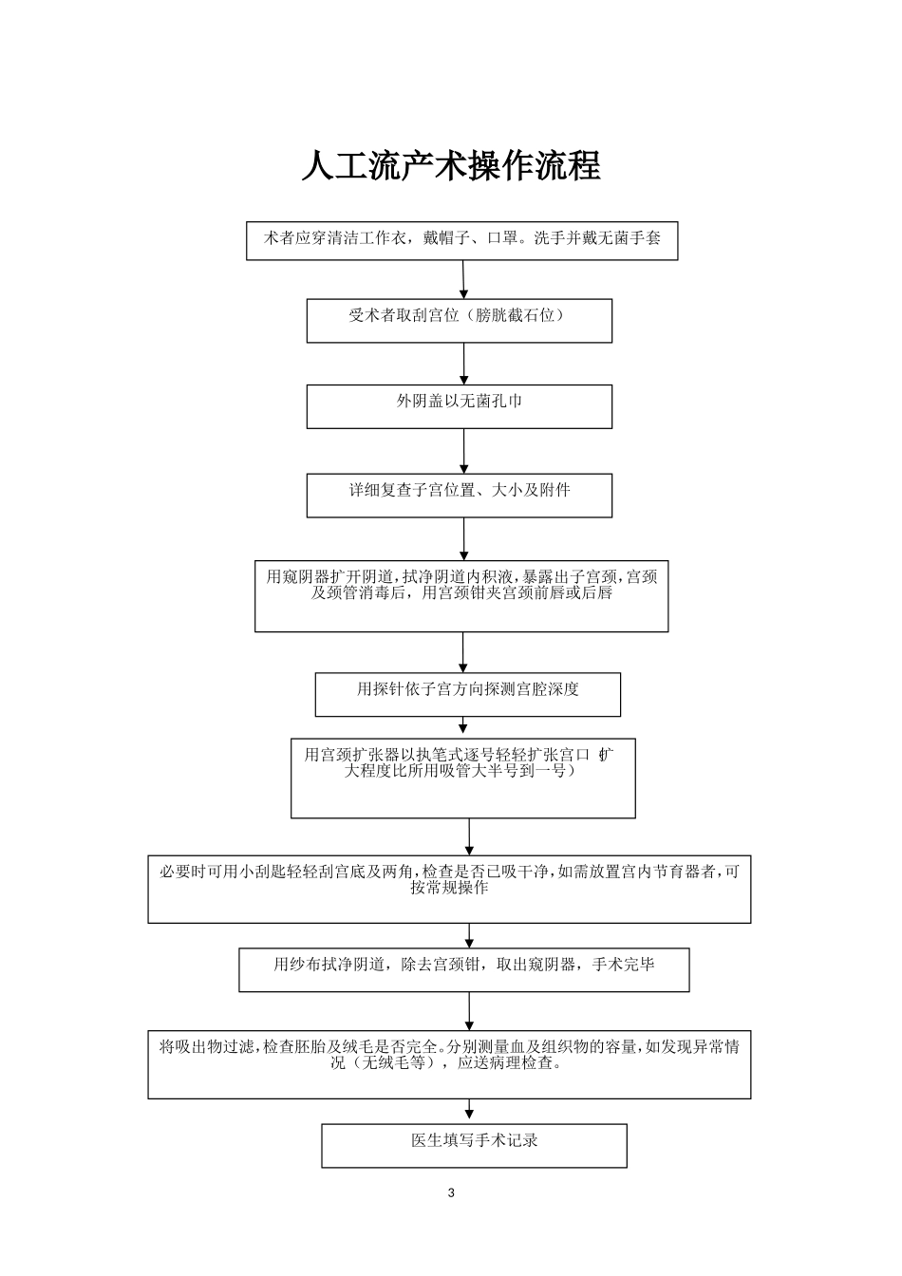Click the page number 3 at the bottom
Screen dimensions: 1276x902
451,1193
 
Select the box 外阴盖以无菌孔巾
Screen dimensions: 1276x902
460,406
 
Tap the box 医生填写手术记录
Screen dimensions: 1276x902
474,1145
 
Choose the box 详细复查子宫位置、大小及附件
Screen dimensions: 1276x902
460,496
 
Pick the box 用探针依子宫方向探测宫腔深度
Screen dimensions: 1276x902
468,694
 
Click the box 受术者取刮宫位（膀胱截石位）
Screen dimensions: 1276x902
460,321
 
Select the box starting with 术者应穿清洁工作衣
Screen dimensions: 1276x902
462,241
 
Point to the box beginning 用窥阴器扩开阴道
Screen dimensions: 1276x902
461,596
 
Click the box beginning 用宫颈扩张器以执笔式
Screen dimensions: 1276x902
463,778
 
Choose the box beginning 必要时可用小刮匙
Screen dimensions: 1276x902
449,889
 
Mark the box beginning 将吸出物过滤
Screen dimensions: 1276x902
449,1064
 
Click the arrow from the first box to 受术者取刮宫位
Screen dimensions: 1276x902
464,280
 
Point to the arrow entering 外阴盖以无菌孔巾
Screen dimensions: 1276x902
464,364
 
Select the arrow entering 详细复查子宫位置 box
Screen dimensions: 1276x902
464,452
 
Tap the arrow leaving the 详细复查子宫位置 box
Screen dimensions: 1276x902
464,539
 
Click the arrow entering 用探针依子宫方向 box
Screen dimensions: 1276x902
464,653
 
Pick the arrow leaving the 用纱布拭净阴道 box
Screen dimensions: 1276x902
469,1011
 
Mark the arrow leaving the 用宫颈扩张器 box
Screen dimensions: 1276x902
469,836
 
